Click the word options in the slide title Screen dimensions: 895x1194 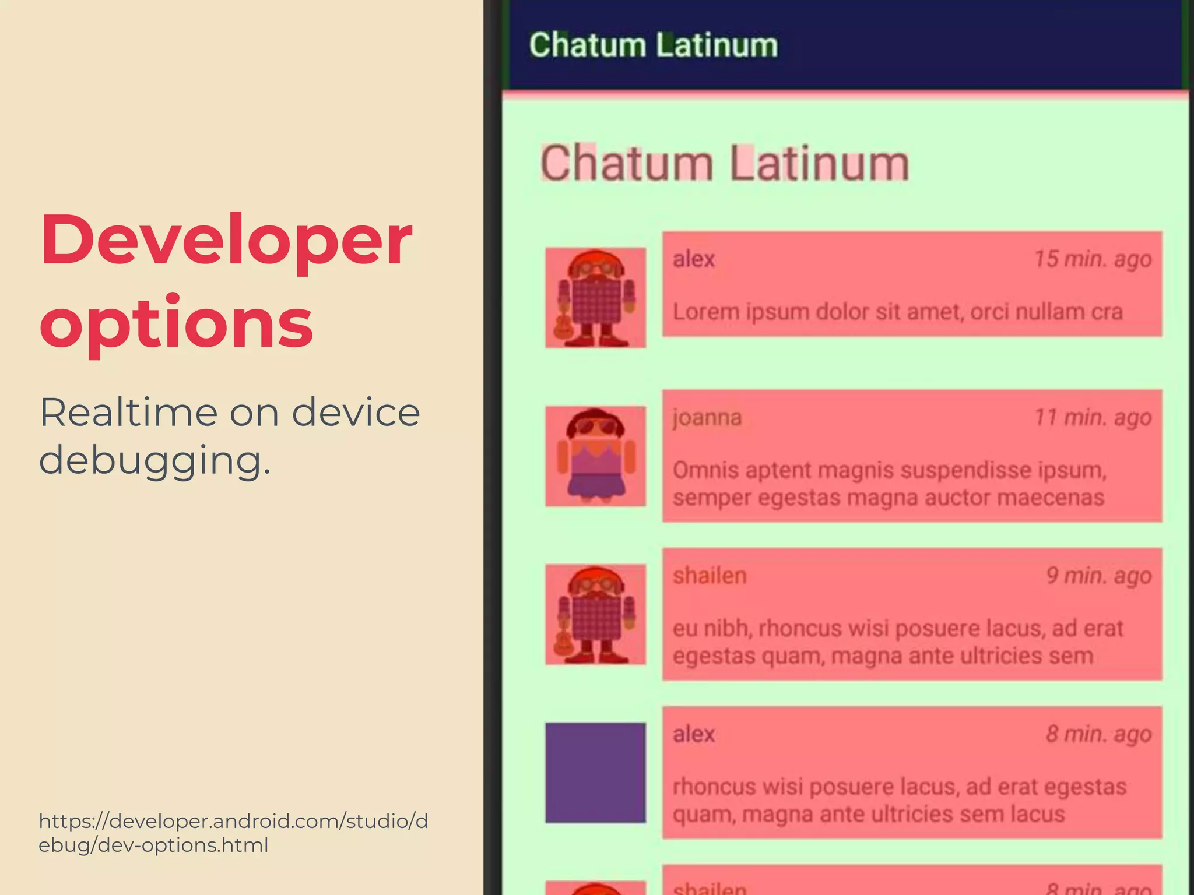176,324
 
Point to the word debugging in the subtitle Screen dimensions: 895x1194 154,460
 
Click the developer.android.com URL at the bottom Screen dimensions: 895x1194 233,833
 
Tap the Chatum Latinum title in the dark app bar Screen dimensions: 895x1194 653,45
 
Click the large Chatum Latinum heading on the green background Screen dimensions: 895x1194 725,164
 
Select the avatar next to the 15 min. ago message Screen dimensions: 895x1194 595,298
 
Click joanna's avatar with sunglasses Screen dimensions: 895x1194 595,456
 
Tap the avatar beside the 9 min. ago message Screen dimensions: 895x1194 595,614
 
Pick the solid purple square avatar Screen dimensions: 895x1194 595,773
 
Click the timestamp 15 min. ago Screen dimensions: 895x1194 1093,259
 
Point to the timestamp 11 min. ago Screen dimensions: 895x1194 1093,417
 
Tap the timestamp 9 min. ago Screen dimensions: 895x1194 1098,576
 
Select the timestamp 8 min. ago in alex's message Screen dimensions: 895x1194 1098,734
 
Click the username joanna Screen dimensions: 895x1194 707,418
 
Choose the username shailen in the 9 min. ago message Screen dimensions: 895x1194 710,576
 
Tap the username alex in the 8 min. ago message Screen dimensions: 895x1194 694,734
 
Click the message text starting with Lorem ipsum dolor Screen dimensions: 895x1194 897,312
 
